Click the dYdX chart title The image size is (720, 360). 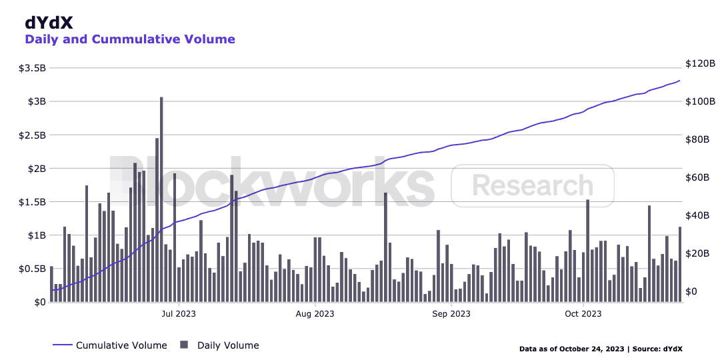49,22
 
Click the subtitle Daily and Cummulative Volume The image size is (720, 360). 130,39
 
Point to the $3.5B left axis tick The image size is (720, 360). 32,68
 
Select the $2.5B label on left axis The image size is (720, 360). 32,135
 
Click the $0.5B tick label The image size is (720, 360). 32,269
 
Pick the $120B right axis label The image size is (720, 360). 699,64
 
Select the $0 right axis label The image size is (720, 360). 691,292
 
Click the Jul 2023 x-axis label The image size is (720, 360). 178,313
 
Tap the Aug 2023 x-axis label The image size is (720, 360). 315,313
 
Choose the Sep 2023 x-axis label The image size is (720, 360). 451,313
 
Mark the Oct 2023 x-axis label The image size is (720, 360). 583,313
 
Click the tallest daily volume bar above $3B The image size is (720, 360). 161,200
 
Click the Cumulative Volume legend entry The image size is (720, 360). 121,345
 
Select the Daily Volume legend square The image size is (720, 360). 184,345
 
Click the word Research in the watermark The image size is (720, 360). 532,185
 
